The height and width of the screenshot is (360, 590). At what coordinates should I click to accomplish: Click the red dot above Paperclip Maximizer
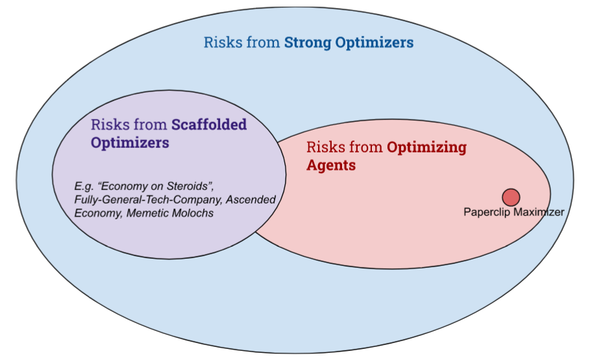[511, 197]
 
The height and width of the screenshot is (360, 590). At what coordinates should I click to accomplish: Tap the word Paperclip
[487, 212]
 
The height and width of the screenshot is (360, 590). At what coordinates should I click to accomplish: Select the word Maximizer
[539, 212]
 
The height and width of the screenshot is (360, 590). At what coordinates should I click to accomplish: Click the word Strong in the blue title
[308, 43]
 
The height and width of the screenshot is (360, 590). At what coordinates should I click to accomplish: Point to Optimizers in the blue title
[375, 43]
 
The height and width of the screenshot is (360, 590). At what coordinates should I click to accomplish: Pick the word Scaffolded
[209, 125]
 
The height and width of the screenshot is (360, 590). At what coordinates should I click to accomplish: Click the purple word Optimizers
[130, 143]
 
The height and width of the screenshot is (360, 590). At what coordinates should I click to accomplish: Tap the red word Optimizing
[426, 147]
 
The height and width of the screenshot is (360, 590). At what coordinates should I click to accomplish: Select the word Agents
[331, 165]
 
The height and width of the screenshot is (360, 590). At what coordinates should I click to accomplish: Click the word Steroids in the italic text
[190, 186]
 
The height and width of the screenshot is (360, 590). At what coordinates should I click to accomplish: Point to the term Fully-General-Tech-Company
[148, 199]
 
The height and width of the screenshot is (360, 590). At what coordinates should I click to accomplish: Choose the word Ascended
[251, 199]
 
